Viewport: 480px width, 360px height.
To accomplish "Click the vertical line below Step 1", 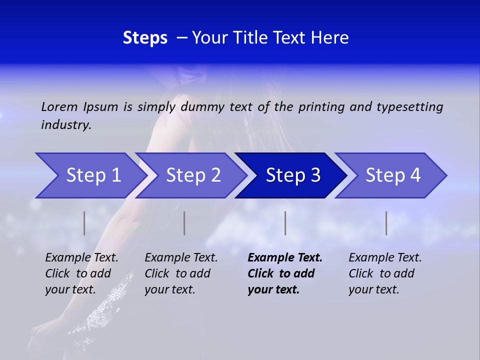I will [x=84, y=223].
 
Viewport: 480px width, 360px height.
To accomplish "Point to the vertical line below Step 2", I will [x=184, y=223].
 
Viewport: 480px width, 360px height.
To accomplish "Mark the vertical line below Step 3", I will [x=285, y=223].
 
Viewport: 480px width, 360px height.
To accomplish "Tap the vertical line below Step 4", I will [x=386, y=223].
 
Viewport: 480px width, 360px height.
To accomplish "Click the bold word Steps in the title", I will [x=145, y=38].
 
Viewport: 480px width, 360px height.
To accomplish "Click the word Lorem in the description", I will [x=59, y=106].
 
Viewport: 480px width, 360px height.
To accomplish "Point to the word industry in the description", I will [x=66, y=125].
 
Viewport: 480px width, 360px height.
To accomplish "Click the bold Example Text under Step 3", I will [x=285, y=258].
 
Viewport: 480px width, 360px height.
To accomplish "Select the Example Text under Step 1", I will [x=81, y=258].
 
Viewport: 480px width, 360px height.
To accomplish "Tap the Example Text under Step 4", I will [x=385, y=258].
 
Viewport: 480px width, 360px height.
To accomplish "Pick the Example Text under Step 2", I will [x=181, y=258].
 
